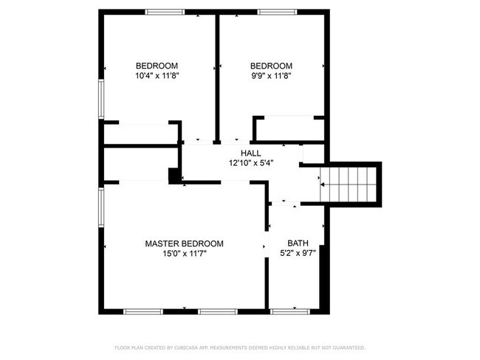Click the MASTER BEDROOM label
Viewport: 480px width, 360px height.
tap(184, 243)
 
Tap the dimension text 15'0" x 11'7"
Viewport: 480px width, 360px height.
tap(184, 255)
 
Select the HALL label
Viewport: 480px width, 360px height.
tap(250, 153)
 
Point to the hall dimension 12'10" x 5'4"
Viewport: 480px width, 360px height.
tap(251, 163)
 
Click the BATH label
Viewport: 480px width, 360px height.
tap(298, 243)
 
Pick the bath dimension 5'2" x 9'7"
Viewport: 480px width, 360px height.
tap(298, 255)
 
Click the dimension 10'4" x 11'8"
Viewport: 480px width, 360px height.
tap(157, 75)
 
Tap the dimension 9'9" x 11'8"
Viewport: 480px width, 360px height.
tap(271, 75)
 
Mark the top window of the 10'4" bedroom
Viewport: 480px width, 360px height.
tap(165, 12)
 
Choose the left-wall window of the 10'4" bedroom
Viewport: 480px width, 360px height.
tap(101, 97)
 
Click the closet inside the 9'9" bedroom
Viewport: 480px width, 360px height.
tap(289, 128)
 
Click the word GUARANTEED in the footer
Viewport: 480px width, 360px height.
tap(347, 347)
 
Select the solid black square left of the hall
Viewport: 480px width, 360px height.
tap(175, 176)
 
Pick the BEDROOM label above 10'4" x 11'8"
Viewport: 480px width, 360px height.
tap(157, 64)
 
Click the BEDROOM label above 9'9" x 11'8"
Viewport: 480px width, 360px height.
tap(271, 65)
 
